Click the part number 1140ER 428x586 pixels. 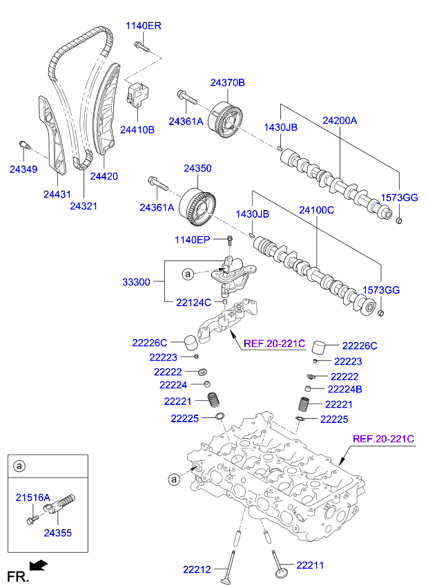[143, 26]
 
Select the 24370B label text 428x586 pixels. [227, 82]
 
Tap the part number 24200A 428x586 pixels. [340, 120]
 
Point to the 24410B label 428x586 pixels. [137, 129]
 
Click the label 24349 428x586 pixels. [23, 169]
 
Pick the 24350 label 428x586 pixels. [197, 168]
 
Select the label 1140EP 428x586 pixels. [191, 240]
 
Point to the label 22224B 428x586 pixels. [345, 389]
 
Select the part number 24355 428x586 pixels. [57, 533]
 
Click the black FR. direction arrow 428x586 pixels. [40, 566]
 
